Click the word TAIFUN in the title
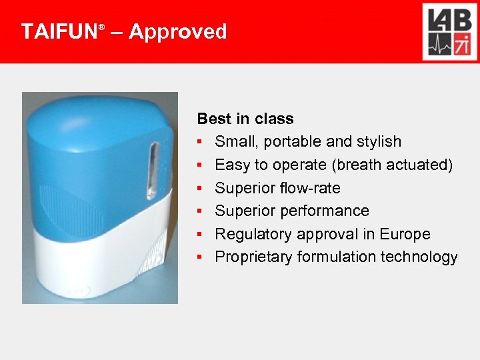click(x=59, y=31)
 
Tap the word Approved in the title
click(x=177, y=31)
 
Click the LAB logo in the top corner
click(x=449, y=31)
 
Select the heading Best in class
click(x=245, y=119)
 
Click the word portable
click(x=290, y=141)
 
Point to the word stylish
click(x=378, y=141)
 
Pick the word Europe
click(x=405, y=234)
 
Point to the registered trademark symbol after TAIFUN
click(x=101, y=27)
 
